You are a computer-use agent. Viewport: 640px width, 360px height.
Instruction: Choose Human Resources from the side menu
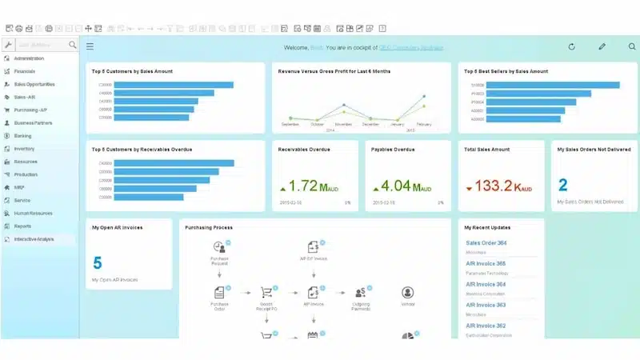pos(32,213)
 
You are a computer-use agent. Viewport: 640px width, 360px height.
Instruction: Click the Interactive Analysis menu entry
pos(34,239)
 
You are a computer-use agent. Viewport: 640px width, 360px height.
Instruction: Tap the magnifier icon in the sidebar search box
pos(73,46)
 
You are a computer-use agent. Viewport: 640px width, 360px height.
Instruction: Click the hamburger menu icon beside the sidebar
pos(90,46)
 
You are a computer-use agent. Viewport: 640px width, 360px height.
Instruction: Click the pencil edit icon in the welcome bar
pos(602,46)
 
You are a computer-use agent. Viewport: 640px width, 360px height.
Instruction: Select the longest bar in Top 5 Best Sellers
pos(553,85)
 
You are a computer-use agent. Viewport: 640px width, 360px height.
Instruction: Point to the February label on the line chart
pos(423,125)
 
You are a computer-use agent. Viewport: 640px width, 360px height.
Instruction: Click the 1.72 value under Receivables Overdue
pos(303,186)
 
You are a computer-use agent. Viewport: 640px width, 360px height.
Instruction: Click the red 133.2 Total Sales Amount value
pos(493,186)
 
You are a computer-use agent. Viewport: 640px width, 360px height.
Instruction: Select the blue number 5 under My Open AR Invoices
pos(98,263)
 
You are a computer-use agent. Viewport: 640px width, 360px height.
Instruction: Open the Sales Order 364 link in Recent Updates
pos(486,243)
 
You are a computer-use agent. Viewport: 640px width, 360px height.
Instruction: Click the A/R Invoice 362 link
pos(486,326)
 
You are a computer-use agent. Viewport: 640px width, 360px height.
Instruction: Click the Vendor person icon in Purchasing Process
pos(407,293)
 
